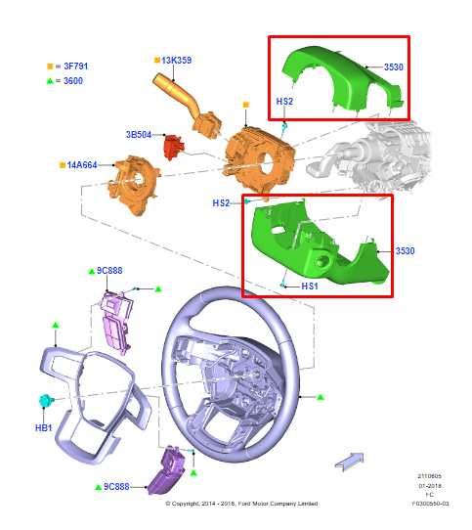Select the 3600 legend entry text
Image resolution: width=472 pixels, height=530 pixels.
pos(71,80)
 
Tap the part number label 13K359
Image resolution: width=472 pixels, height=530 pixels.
pos(176,61)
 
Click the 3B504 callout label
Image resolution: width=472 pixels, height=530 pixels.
pos(138,134)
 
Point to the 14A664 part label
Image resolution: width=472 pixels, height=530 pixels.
pos(82,164)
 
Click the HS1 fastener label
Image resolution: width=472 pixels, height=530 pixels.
pos(310,287)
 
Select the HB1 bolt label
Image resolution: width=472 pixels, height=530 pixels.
pos(44,427)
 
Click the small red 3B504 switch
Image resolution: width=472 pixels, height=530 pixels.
pos(173,146)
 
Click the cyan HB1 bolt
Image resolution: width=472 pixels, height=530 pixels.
pos(45,400)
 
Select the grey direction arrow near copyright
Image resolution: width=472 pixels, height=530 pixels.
pos(348,460)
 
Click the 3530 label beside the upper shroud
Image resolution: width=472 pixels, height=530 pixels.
pos(393,66)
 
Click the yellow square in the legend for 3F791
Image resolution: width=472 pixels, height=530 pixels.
pos(50,66)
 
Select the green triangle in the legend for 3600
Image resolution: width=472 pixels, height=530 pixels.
pos(50,80)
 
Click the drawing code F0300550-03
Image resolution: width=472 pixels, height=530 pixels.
pos(430,504)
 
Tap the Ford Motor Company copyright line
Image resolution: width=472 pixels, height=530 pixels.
pos(241,504)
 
